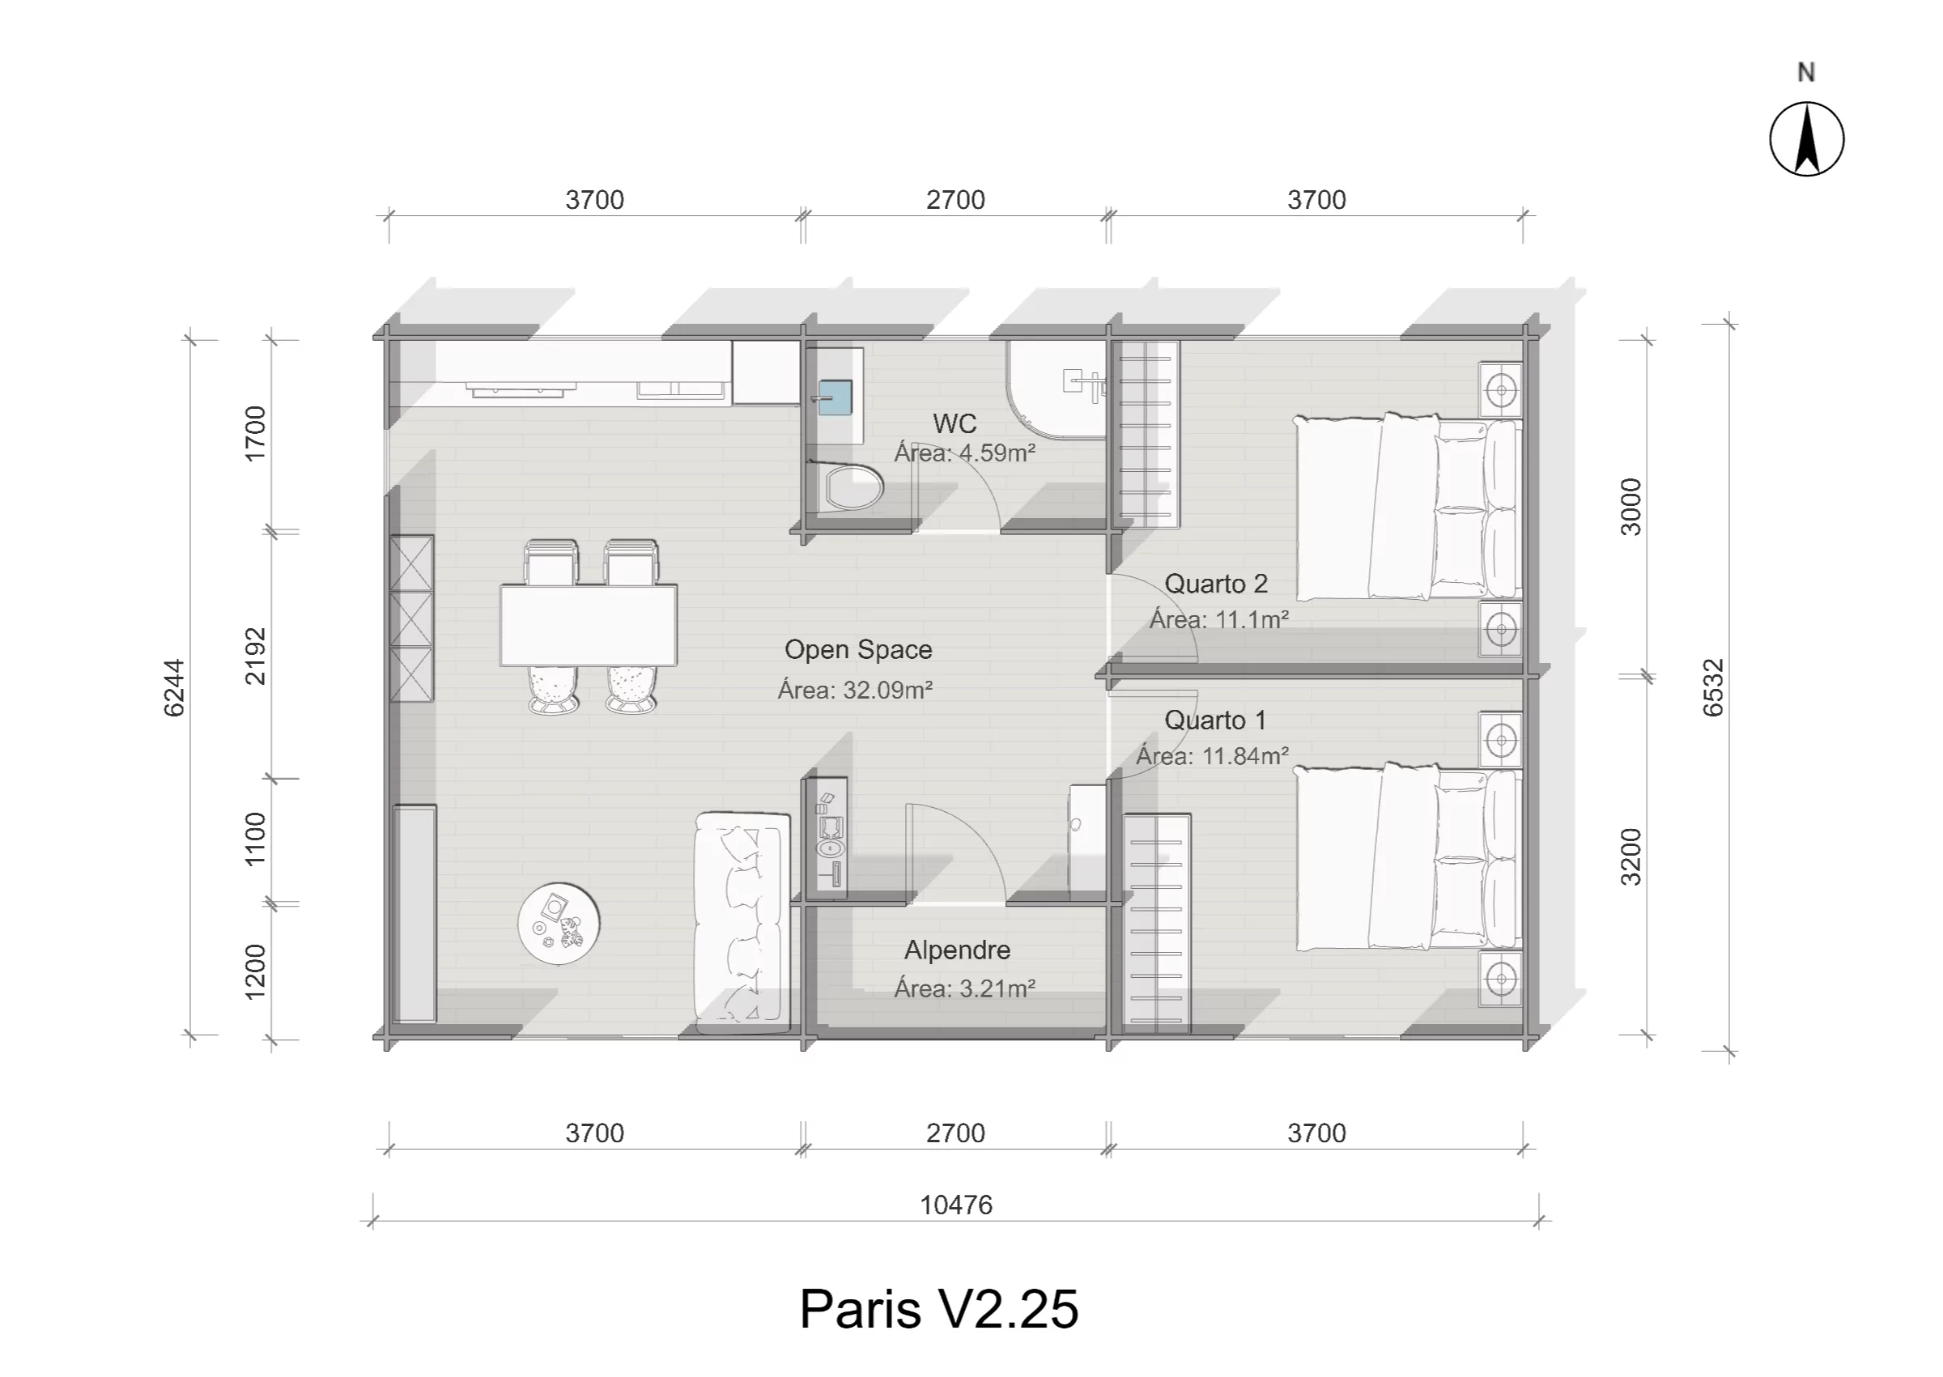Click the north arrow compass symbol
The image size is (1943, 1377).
click(x=1806, y=139)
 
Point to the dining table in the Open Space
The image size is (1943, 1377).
click(x=589, y=626)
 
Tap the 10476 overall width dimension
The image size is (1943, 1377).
click(x=956, y=1205)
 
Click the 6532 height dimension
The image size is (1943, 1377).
click(x=1713, y=687)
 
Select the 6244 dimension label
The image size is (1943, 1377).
click(x=174, y=687)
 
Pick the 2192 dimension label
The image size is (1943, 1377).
click(x=255, y=657)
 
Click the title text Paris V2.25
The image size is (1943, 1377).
click(x=939, y=1308)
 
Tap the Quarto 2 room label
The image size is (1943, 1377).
click(x=1217, y=584)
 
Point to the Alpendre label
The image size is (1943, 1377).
click(x=957, y=950)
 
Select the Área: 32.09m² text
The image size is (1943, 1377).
click(x=856, y=690)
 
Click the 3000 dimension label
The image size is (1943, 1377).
click(x=1631, y=507)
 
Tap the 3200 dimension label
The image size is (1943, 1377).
click(x=1631, y=857)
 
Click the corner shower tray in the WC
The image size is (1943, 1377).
click(x=1057, y=389)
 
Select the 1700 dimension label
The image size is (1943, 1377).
click(x=255, y=433)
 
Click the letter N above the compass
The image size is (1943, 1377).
click(x=1806, y=73)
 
